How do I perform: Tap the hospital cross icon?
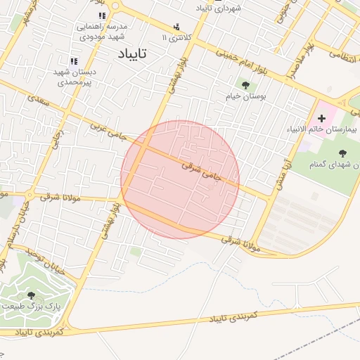322,117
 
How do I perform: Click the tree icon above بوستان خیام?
245,84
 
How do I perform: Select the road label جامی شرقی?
201,172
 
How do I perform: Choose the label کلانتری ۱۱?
176,37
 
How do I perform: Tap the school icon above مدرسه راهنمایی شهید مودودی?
102,15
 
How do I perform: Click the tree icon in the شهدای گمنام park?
342,153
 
